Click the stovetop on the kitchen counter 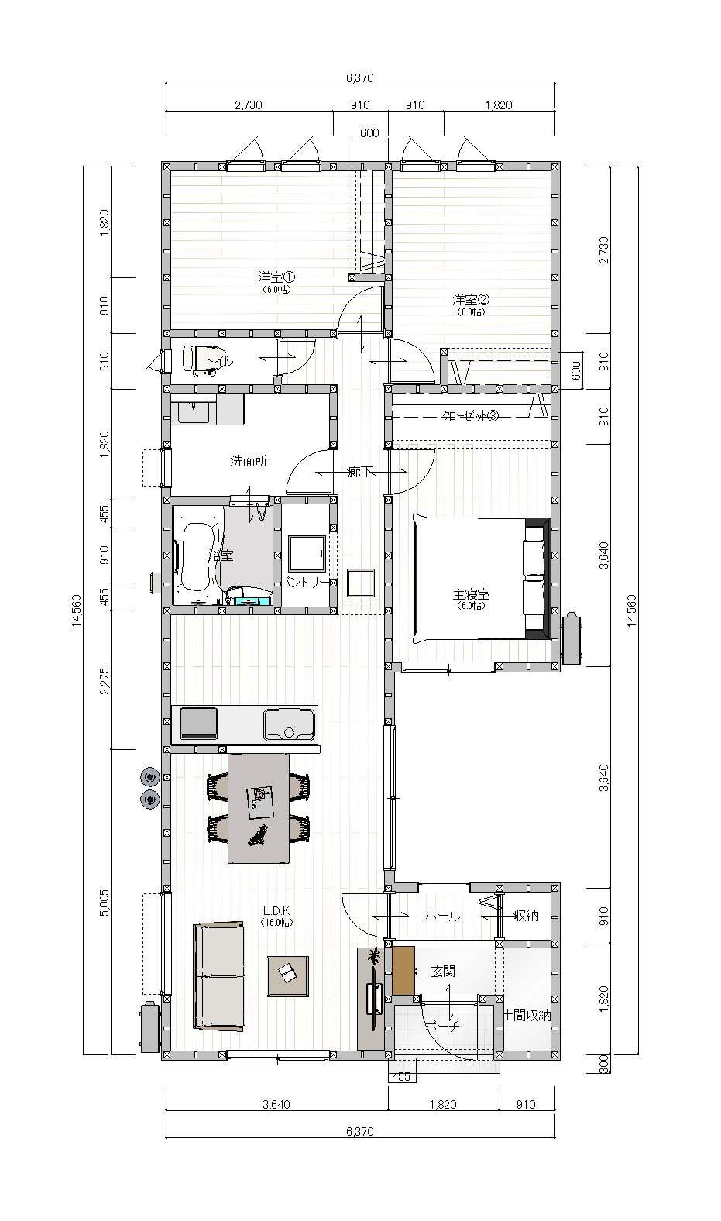199,724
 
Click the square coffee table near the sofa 288,975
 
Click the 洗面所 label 249,461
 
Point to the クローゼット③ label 469,416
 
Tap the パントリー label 307,581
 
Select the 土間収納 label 527,1015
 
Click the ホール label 442,916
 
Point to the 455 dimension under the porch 400,1077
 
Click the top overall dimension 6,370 360,77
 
